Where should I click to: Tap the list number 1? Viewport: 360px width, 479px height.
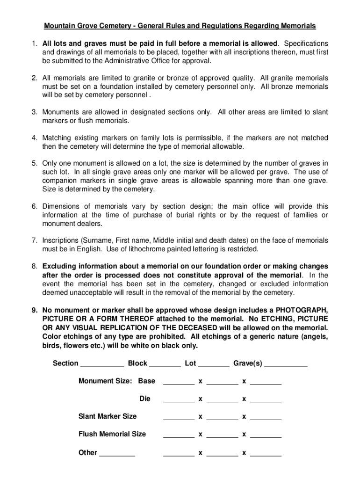34,44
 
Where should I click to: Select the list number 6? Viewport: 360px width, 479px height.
34,206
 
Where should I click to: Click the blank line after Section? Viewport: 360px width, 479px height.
102,364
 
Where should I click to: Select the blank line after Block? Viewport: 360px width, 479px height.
165,364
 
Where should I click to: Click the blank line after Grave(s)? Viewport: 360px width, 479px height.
286,364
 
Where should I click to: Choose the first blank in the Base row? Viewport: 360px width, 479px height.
179,382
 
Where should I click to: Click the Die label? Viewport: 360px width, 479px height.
145,399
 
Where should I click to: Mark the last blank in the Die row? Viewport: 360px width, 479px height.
266,399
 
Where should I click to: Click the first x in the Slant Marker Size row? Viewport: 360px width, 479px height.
200,416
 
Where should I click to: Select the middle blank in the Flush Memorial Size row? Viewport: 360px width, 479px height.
222,435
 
